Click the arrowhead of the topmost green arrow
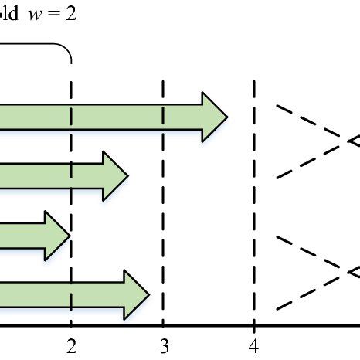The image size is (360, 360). pos(214,117)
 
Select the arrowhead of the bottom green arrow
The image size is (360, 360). pos(135,293)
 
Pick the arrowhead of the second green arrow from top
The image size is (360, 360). pos(114,177)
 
